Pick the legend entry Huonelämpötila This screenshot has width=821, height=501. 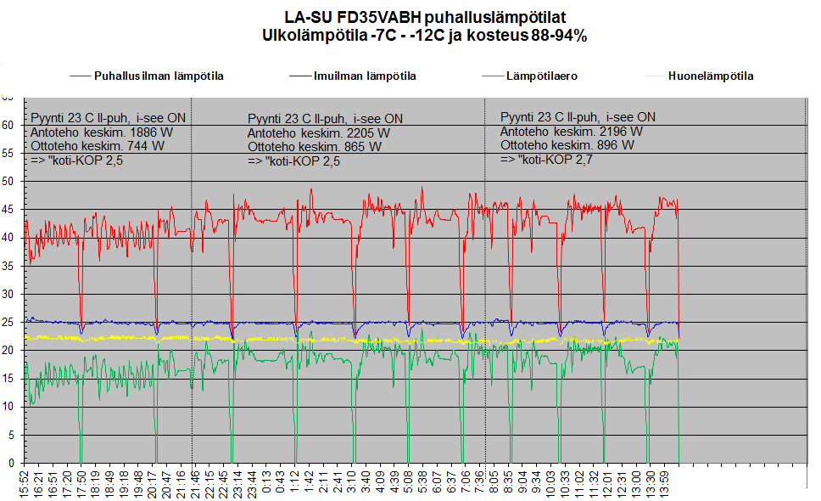coord(710,76)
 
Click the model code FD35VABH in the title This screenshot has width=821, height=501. coord(372,17)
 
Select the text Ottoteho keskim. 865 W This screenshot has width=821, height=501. coord(315,147)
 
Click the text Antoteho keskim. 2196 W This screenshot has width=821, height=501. coord(571,132)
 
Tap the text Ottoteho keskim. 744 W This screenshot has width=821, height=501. coord(98,146)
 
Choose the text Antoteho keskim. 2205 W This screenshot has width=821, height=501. coord(319,132)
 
